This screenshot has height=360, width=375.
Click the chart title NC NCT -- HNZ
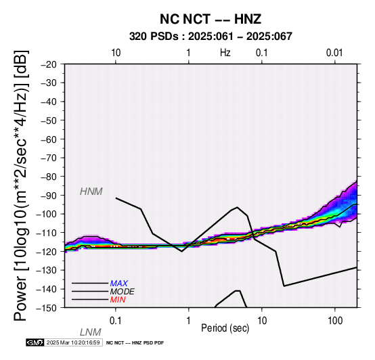(211, 19)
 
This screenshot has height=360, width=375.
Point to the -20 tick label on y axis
(49, 64)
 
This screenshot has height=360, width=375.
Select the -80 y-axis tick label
(49, 177)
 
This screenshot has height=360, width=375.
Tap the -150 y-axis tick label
(47, 308)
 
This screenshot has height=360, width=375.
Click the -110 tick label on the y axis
(47, 233)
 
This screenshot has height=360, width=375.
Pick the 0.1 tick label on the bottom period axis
(116, 321)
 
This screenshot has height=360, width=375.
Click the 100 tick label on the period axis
(335, 321)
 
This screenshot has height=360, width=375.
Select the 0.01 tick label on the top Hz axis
(334, 53)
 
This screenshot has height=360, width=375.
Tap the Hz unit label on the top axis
(225, 53)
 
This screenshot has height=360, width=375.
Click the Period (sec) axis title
(225, 328)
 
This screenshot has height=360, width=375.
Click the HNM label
(91, 192)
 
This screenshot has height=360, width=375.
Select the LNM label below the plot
(91, 332)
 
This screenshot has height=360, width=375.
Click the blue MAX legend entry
(119, 284)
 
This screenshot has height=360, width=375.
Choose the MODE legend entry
(123, 292)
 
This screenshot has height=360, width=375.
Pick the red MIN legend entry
(118, 300)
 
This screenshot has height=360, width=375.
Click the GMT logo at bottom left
(35, 342)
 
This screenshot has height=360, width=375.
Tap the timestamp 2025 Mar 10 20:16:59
(73, 342)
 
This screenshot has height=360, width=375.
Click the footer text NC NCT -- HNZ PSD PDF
(135, 343)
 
